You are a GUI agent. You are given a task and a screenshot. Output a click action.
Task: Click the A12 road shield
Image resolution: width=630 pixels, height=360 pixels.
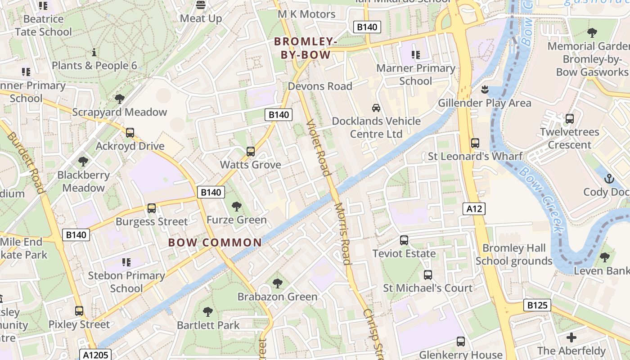tap(474, 208)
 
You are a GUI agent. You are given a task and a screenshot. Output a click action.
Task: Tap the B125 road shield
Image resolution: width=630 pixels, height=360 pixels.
tap(537, 306)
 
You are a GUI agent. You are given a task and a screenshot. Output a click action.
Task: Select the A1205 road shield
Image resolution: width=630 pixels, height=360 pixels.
tap(95, 355)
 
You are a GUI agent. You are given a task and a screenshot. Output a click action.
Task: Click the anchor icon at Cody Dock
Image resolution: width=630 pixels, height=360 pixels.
tap(609, 179)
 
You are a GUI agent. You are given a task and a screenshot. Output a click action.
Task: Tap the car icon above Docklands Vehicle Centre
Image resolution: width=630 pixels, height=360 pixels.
tap(376, 108)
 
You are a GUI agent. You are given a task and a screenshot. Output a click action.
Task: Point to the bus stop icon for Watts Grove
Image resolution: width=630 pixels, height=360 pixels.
tap(251, 152)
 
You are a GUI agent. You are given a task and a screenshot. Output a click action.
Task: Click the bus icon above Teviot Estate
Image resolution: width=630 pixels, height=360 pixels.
tap(404, 240)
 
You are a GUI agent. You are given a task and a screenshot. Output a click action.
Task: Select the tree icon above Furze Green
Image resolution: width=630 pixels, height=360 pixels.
tap(236, 207)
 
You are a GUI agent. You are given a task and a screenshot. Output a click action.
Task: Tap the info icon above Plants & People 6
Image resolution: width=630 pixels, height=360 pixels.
tap(94, 52)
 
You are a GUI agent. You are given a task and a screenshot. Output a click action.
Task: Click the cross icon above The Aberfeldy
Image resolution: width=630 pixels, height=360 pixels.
tap(571, 337)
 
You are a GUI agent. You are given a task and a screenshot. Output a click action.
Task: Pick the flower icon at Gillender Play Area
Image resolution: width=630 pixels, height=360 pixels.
tap(484, 90)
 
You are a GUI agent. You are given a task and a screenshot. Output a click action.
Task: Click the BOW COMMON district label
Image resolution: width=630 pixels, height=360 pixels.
tap(215, 243)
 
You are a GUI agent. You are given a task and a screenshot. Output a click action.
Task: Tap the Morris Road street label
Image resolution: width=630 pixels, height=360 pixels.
tap(342, 234)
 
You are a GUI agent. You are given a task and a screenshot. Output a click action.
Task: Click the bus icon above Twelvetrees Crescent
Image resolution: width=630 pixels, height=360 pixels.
tap(570, 119)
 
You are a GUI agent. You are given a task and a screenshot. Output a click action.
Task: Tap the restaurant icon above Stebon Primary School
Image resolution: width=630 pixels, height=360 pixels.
tap(126, 262)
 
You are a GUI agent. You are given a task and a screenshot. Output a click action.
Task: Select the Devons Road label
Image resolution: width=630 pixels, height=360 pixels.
tap(319, 86)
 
